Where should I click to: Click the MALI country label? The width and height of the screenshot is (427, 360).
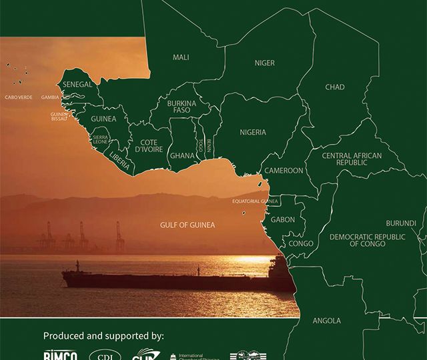point(181,57)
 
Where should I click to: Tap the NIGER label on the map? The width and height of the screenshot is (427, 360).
point(265,63)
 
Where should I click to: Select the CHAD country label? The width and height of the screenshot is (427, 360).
point(335,87)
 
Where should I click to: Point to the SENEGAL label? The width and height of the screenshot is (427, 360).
point(77,85)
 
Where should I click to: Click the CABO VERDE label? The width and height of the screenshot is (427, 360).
point(19,97)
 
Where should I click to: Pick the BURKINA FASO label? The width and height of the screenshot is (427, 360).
point(182,107)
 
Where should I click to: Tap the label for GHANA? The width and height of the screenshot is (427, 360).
point(182,155)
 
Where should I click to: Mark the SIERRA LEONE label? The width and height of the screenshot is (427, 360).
point(100,139)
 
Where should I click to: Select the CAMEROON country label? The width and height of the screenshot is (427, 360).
point(284,171)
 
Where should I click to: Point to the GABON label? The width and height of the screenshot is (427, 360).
point(283,219)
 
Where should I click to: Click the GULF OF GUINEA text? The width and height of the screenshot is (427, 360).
point(187,225)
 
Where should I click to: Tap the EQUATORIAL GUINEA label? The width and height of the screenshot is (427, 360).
point(256,201)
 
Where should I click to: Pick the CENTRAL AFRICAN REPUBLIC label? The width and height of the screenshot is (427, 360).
point(352,159)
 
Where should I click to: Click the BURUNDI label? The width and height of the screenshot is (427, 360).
point(401,223)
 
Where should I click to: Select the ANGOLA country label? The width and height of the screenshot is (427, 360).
point(326,321)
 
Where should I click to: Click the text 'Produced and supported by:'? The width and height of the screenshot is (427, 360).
point(103,335)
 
